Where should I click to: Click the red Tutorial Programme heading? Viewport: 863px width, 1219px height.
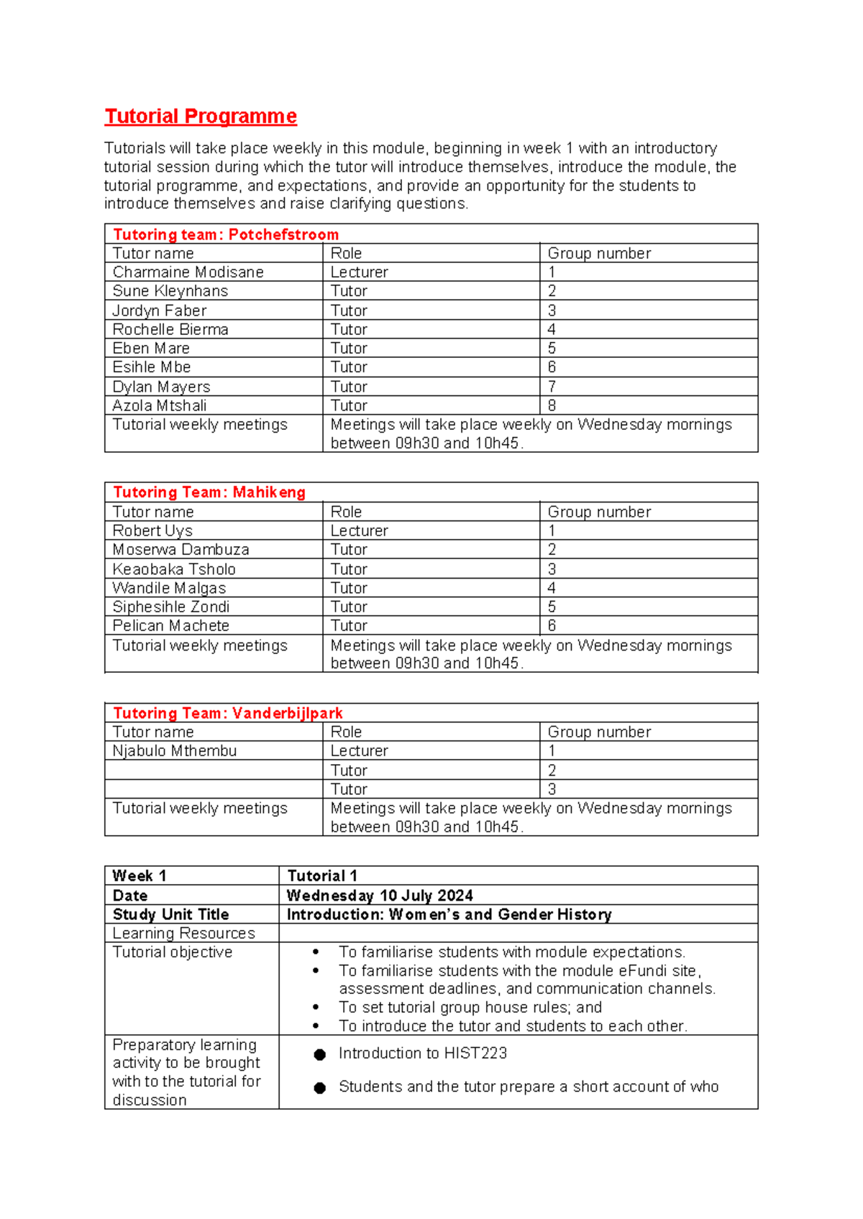tap(201, 116)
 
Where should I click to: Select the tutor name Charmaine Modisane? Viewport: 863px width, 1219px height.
tap(188, 272)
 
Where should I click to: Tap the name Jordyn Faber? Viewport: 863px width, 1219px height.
tap(160, 310)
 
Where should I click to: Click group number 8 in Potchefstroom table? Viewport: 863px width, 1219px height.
tap(552, 405)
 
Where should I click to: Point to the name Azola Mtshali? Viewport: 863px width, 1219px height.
tap(160, 405)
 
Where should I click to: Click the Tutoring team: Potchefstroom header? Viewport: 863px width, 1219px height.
tap(226, 234)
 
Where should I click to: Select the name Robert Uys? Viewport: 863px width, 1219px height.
tap(152, 530)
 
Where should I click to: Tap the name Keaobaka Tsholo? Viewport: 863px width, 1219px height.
tap(174, 569)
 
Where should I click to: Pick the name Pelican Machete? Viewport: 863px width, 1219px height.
tap(171, 625)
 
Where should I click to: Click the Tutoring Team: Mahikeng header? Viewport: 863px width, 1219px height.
tap(209, 492)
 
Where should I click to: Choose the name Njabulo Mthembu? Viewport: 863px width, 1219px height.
tap(175, 751)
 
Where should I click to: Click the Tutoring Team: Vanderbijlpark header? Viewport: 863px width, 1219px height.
tap(228, 713)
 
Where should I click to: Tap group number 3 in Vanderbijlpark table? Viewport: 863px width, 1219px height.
tap(552, 789)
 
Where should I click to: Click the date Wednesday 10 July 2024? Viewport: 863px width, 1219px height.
tap(380, 896)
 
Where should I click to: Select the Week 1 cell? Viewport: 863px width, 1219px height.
tap(140, 876)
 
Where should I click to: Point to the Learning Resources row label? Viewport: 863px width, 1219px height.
tap(184, 933)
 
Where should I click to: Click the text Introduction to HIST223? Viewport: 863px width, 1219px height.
tap(423, 1054)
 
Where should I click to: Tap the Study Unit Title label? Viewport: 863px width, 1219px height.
tap(171, 914)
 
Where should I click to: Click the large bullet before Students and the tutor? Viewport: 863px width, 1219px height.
tap(320, 1088)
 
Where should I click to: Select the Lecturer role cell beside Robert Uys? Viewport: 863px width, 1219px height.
tap(360, 530)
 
